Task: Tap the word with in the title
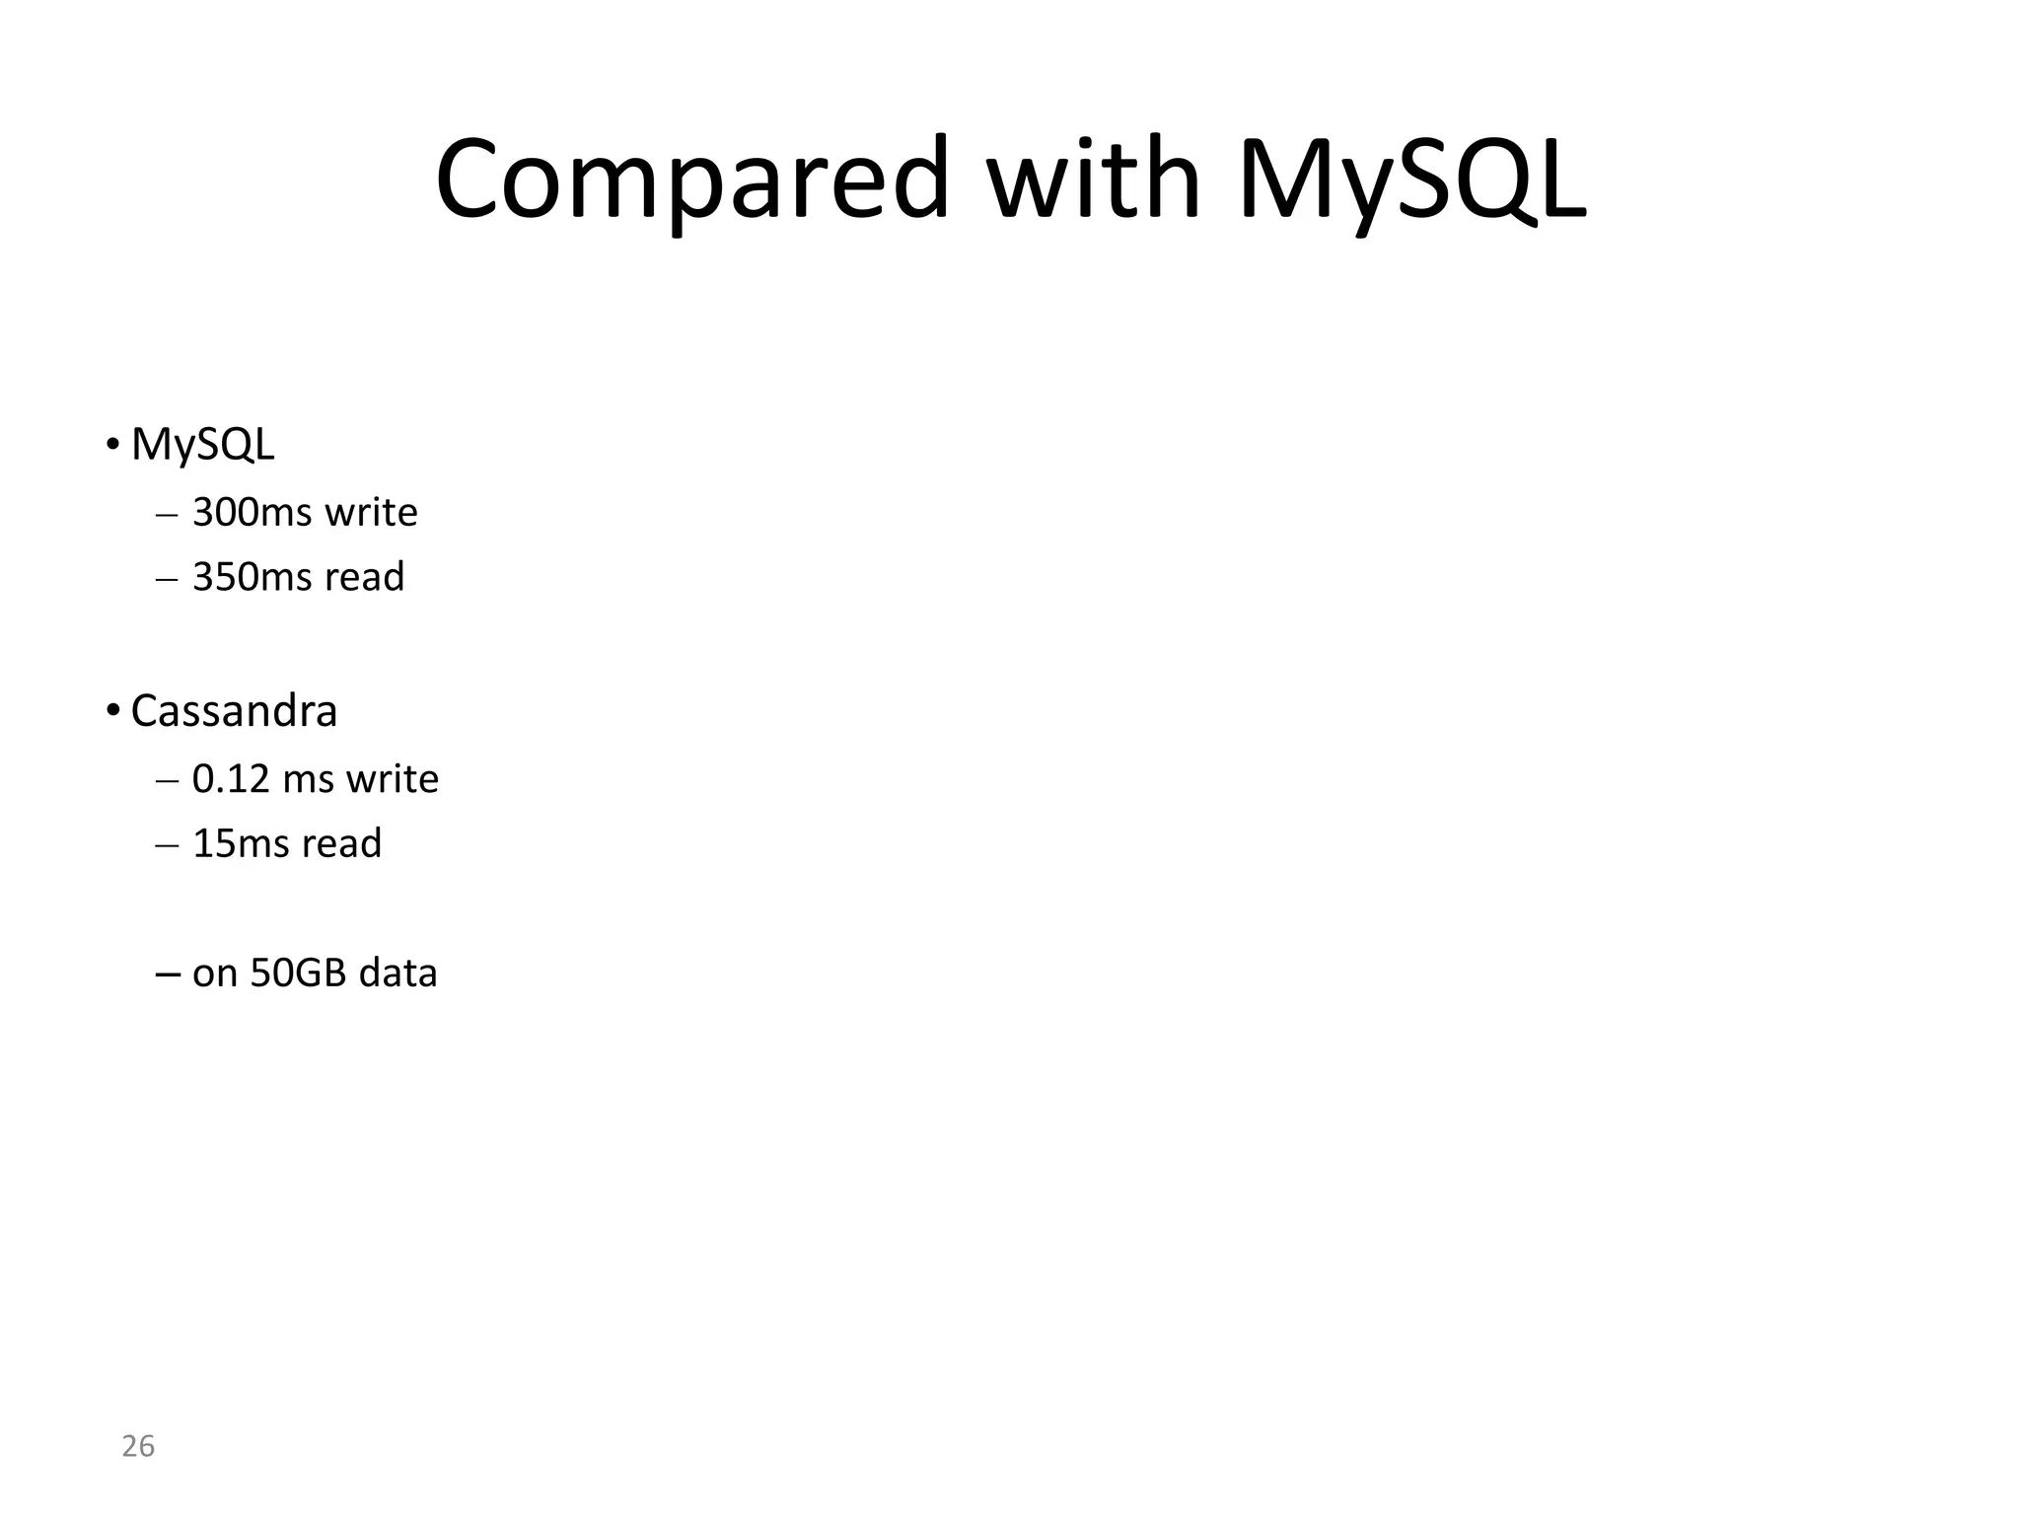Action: pyautogui.click(x=1094, y=180)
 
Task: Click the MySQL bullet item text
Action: pyautogui.click(x=202, y=445)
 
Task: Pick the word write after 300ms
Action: pyautogui.click(x=371, y=513)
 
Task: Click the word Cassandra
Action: pyautogui.click(x=234, y=711)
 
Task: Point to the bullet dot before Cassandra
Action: pyautogui.click(x=113, y=710)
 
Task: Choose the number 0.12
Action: pyautogui.click(x=231, y=779)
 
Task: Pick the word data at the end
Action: pyautogui.click(x=397, y=974)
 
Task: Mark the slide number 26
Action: pyautogui.click(x=138, y=1447)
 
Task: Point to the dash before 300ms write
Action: pyautogui.click(x=167, y=515)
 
